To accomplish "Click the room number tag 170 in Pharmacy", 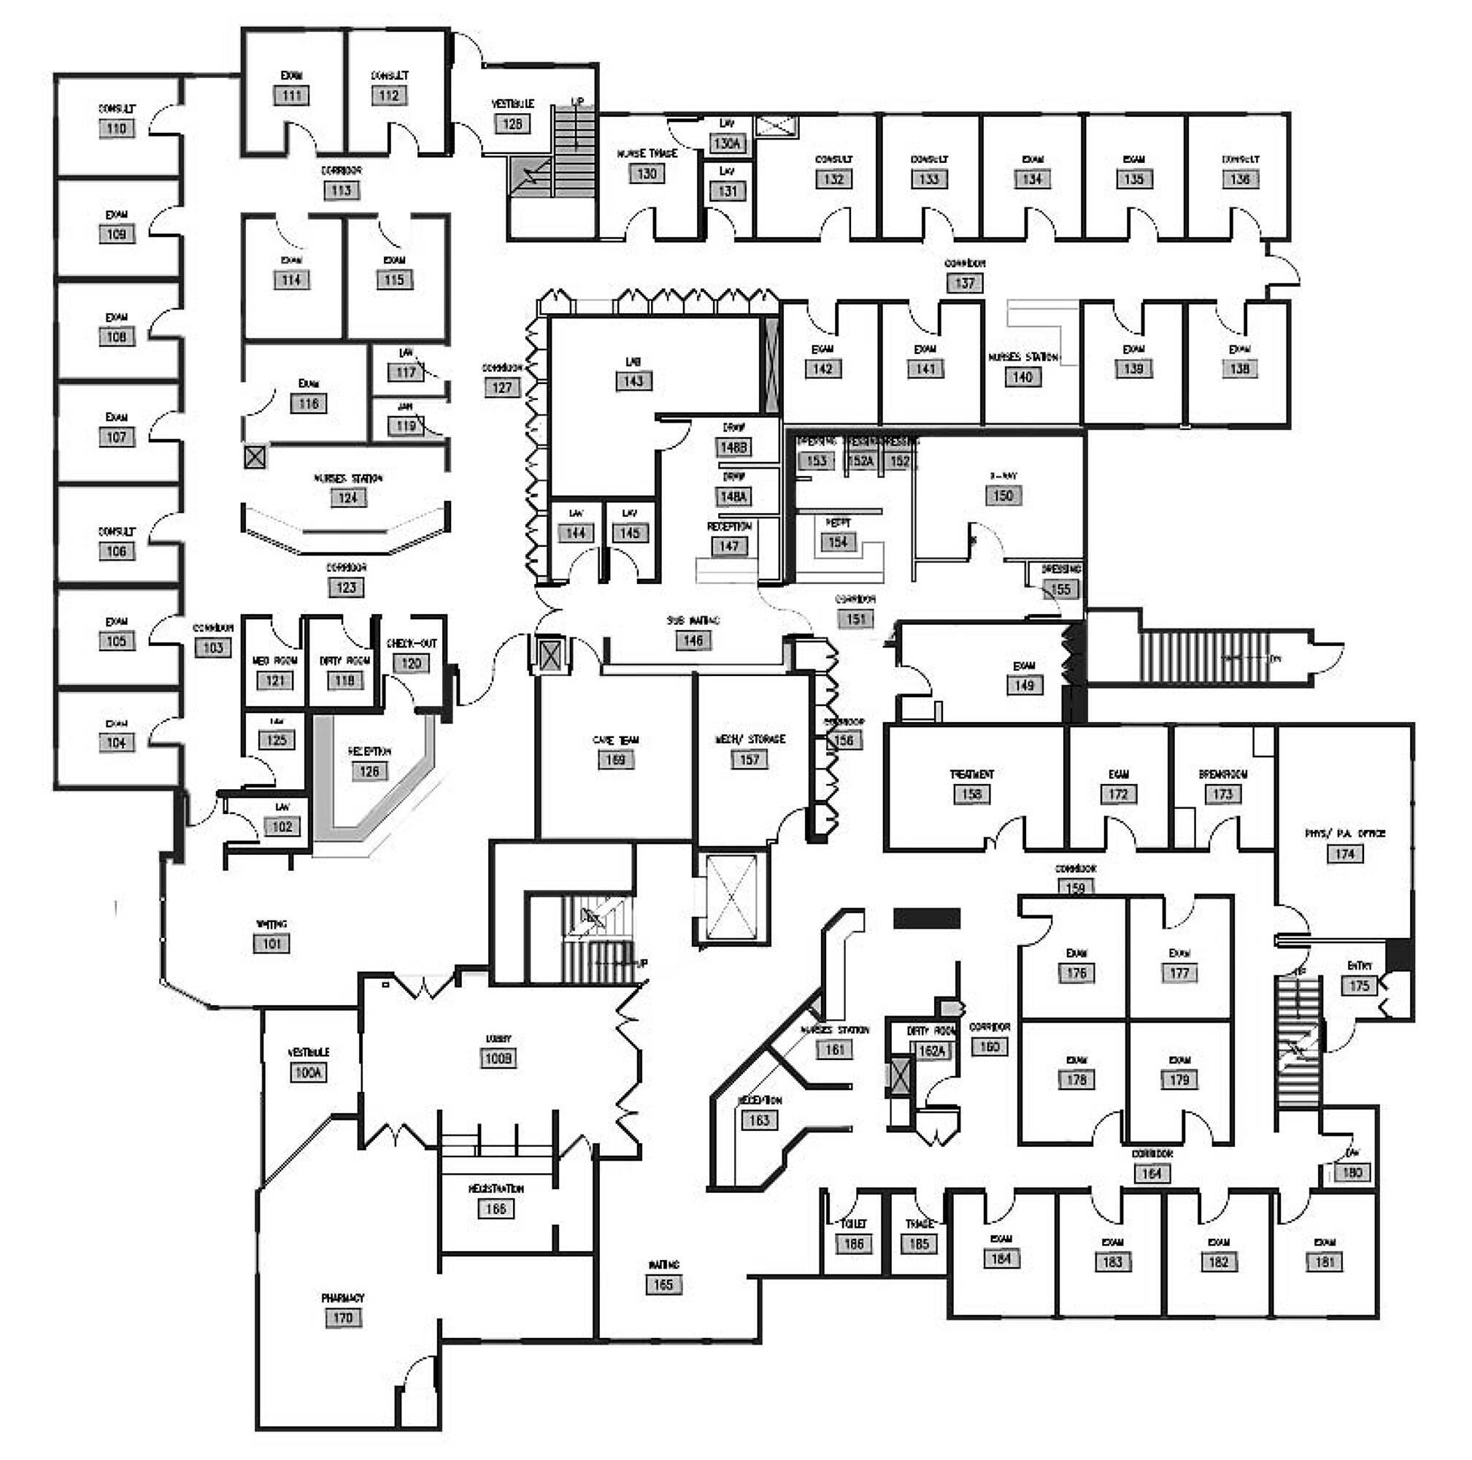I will click(x=343, y=1318).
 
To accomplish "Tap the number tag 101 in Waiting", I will click(x=272, y=943).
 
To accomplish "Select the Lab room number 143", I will click(x=634, y=381).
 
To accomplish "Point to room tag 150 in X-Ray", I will click(x=1003, y=495).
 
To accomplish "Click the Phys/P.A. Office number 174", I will click(x=1345, y=854).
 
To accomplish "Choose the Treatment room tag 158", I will click(x=971, y=794).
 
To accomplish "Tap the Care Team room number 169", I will click(x=615, y=760).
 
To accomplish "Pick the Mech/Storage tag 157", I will click(x=749, y=760).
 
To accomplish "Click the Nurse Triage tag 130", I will click(x=647, y=174).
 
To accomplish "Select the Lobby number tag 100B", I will click(x=498, y=1058).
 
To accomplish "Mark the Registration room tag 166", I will click(x=496, y=1209).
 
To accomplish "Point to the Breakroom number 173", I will click(x=1223, y=794).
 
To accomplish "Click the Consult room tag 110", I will click(x=117, y=128).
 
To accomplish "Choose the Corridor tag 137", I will click(x=965, y=283).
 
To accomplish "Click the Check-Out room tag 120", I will click(x=412, y=663).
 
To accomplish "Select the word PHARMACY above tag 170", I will click(x=343, y=1298).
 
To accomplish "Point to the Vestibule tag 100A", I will click(x=308, y=1073).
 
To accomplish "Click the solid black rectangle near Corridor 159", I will click(x=926, y=918).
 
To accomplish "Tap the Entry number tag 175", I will click(x=1359, y=986).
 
